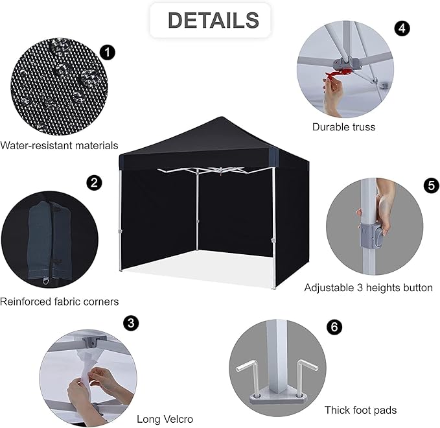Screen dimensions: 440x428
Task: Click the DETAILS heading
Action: [213, 20]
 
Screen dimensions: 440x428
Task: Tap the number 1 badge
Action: [108, 53]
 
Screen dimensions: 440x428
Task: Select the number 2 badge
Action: [94, 183]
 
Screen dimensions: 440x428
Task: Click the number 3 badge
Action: [131, 323]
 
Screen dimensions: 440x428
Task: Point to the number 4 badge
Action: [402, 29]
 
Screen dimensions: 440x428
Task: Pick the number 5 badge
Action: [432, 185]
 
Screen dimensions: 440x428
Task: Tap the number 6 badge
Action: [334, 327]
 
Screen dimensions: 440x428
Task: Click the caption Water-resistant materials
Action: [59, 145]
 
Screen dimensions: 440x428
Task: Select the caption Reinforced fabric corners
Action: [59, 302]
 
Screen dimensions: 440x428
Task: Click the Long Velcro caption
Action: [165, 419]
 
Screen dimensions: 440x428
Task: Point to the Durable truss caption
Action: [343, 127]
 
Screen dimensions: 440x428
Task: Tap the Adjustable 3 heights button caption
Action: [369, 287]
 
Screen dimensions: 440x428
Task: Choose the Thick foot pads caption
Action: [360, 410]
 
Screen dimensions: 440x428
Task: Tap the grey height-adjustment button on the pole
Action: [378, 237]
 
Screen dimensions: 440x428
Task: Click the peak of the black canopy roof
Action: [222, 117]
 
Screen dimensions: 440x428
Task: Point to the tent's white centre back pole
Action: [198, 210]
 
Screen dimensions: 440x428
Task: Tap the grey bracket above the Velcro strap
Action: [91, 342]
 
